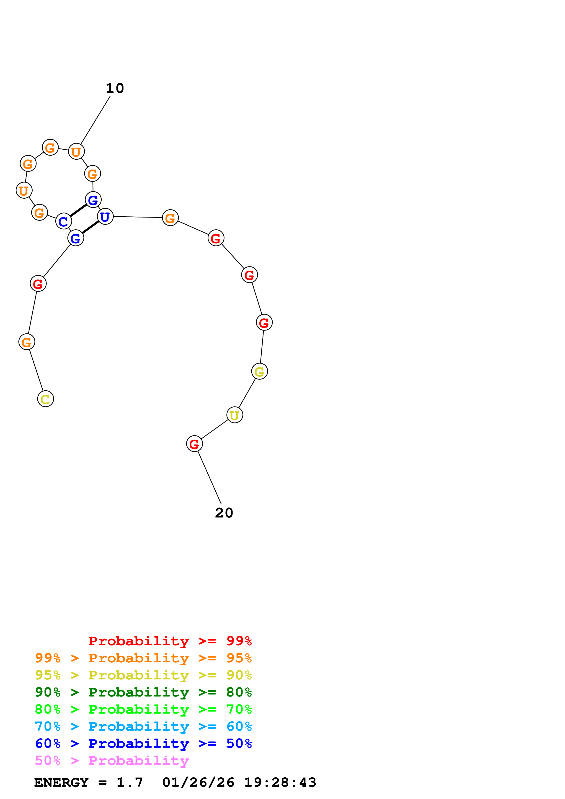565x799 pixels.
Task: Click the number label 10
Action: click(x=115, y=88)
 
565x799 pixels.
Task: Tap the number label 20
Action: click(x=224, y=513)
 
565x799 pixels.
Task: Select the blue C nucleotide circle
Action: click(x=63, y=221)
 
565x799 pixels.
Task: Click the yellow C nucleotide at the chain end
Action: click(x=46, y=399)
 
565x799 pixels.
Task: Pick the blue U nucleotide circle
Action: click(x=105, y=217)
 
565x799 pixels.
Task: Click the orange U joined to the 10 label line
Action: click(x=76, y=152)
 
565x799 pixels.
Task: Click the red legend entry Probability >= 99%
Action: click(x=170, y=641)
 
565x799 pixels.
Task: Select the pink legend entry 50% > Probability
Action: click(x=112, y=761)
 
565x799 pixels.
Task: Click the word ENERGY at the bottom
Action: click(x=61, y=783)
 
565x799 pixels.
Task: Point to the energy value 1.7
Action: click(x=129, y=783)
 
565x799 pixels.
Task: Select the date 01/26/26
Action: click(x=198, y=783)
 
